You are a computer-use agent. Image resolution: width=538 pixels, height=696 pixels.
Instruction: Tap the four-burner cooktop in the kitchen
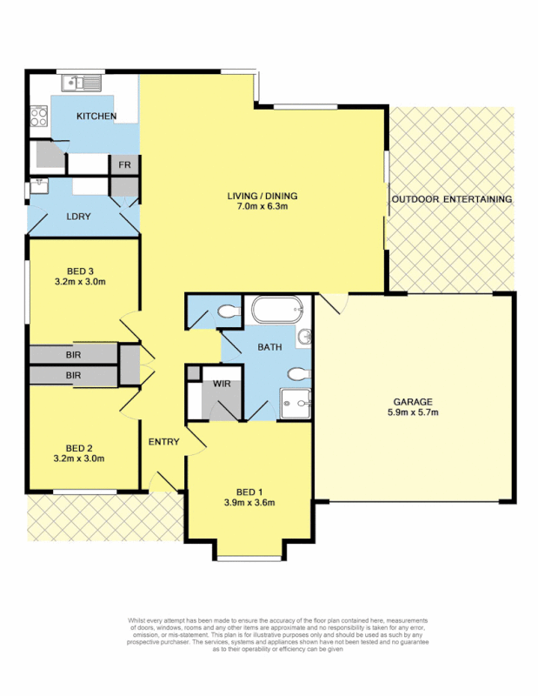coord(38,116)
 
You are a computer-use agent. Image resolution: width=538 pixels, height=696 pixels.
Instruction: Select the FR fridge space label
coord(124,164)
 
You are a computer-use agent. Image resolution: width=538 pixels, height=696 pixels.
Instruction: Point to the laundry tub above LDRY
coord(39,185)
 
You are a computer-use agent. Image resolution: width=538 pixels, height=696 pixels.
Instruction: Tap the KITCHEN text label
coord(96,116)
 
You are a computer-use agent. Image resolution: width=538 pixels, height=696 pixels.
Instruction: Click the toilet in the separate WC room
coord(228,311)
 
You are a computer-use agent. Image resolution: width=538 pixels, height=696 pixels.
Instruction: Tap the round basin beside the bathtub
coord(303,337)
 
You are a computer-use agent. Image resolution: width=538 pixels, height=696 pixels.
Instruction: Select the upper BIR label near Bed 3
coord(73,355)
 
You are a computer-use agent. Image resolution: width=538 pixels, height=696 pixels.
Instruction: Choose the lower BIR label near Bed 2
coord(73,376)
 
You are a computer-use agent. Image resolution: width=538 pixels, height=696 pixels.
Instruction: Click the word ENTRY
coord(163,442)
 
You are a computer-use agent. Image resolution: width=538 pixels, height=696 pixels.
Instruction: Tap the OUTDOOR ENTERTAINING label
coord(451,199)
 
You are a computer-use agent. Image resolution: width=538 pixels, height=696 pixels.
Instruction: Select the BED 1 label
coord(249,490)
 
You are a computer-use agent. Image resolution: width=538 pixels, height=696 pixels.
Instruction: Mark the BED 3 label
coord(84,270)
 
